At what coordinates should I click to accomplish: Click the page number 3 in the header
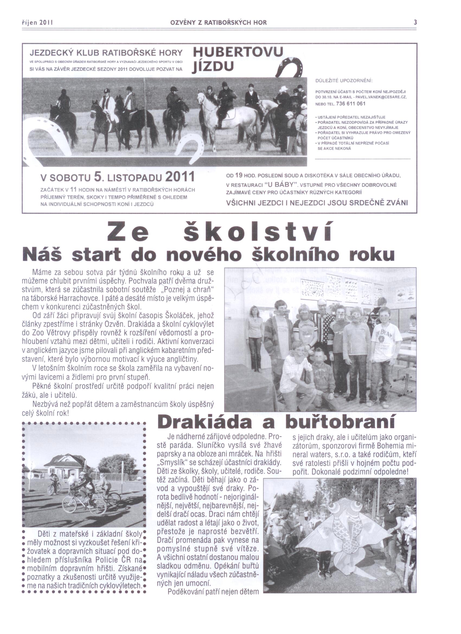(415, 22)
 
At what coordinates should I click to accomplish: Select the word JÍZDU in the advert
(213, 67)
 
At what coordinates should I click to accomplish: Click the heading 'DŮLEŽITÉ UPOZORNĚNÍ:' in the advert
(344, 81)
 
